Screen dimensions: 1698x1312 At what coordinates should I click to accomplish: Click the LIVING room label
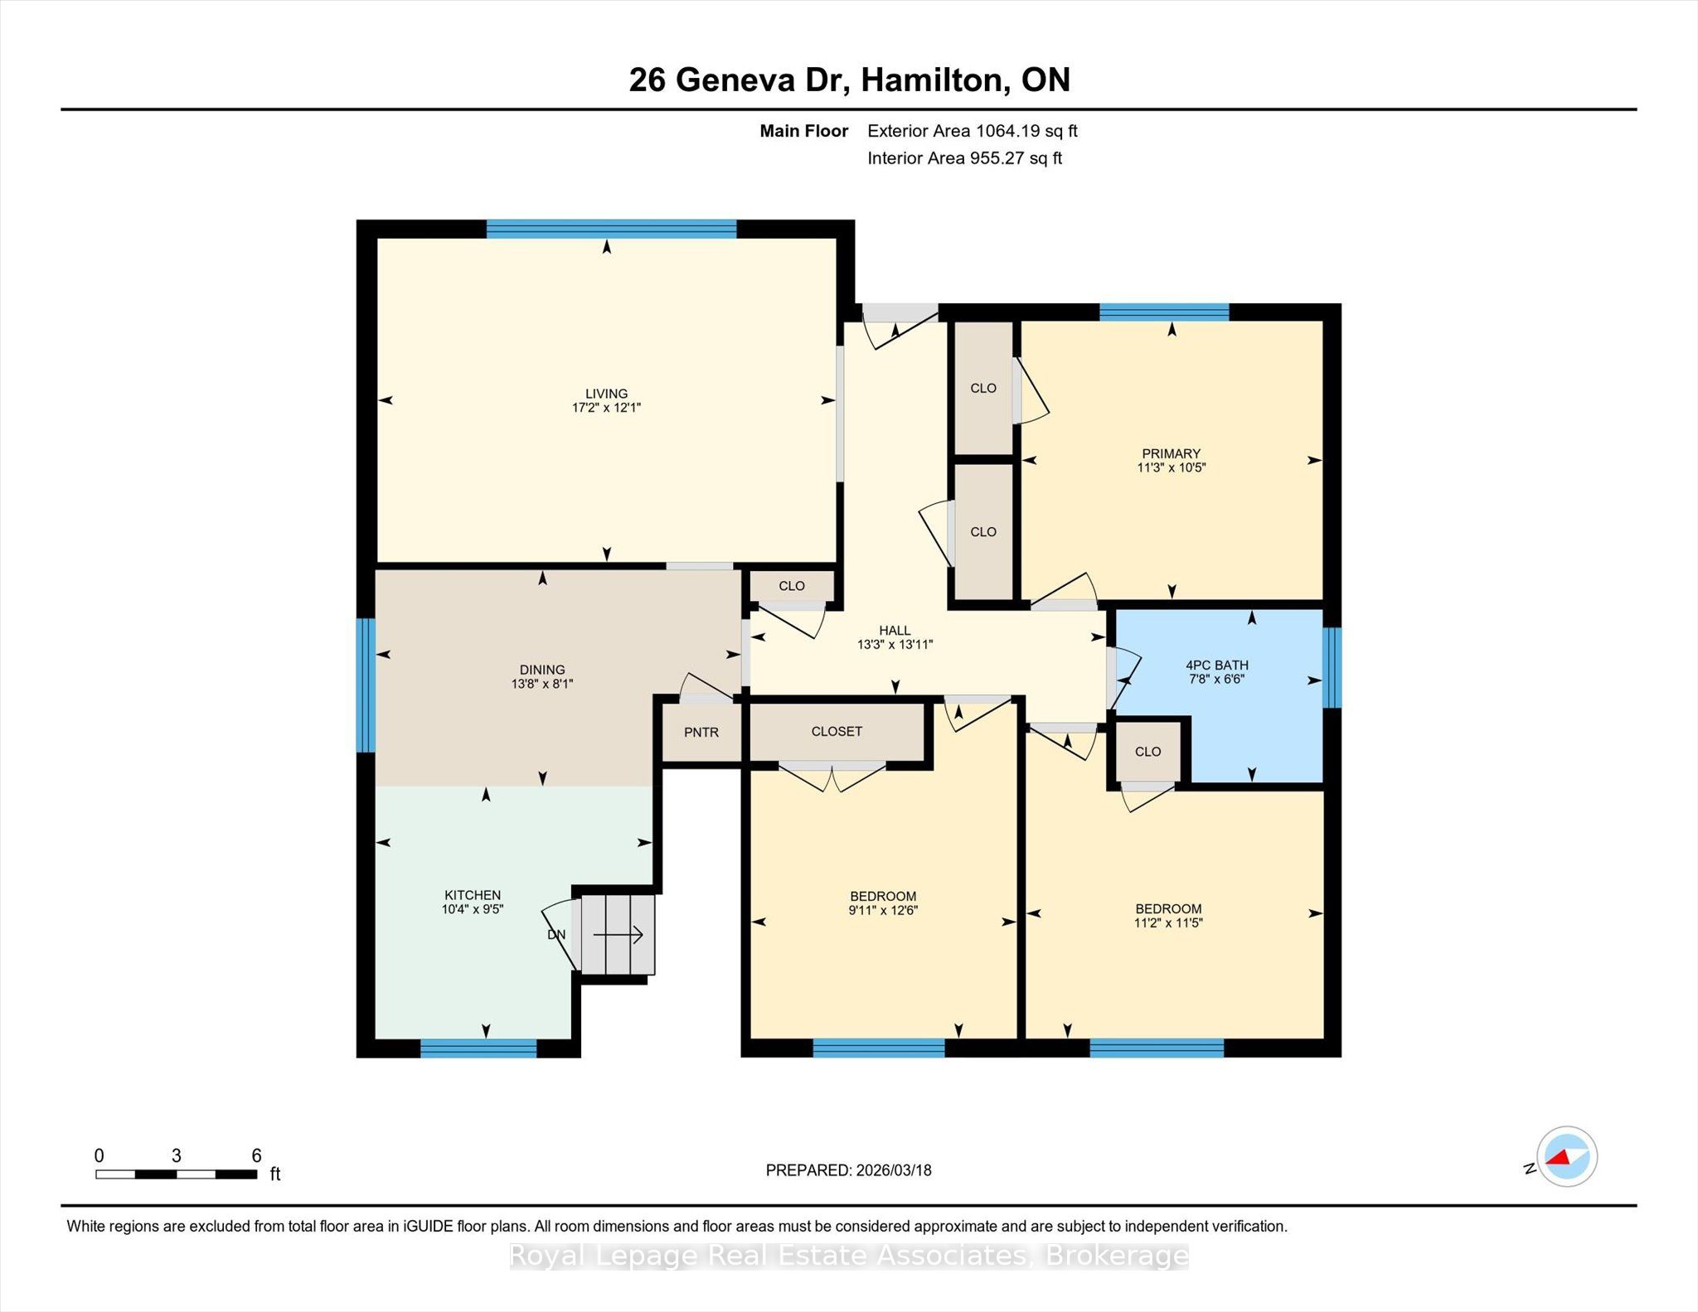[606, 394]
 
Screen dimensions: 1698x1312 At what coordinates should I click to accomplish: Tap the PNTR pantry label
[701, 732]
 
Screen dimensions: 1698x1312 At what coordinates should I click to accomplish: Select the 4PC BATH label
[1217, 665]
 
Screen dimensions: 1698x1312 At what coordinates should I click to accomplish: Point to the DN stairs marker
[556, 934]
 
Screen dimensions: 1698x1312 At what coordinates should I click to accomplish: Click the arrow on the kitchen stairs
[619, 935]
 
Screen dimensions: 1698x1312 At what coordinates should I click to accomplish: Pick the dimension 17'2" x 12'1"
[606, 408]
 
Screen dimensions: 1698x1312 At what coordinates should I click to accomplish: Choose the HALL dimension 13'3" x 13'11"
[895, 644]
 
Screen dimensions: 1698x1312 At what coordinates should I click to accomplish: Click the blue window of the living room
[611, 229]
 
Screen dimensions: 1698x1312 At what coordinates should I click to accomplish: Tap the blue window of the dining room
[366, 685]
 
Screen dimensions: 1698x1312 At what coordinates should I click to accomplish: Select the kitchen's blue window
[478, 1048]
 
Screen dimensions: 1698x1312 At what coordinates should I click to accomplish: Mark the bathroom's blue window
[1332, 667]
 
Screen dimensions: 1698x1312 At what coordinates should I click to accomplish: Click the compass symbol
[1567, 1157]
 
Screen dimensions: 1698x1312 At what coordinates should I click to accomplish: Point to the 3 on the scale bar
[176, 1155]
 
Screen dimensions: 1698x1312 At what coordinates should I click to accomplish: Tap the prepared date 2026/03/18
[895, 1170]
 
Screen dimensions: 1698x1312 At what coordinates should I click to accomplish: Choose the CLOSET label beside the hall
[837, 731]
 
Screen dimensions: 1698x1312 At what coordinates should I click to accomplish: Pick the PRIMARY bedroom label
[1171, 453]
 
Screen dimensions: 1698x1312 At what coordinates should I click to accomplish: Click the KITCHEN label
[473, 895]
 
